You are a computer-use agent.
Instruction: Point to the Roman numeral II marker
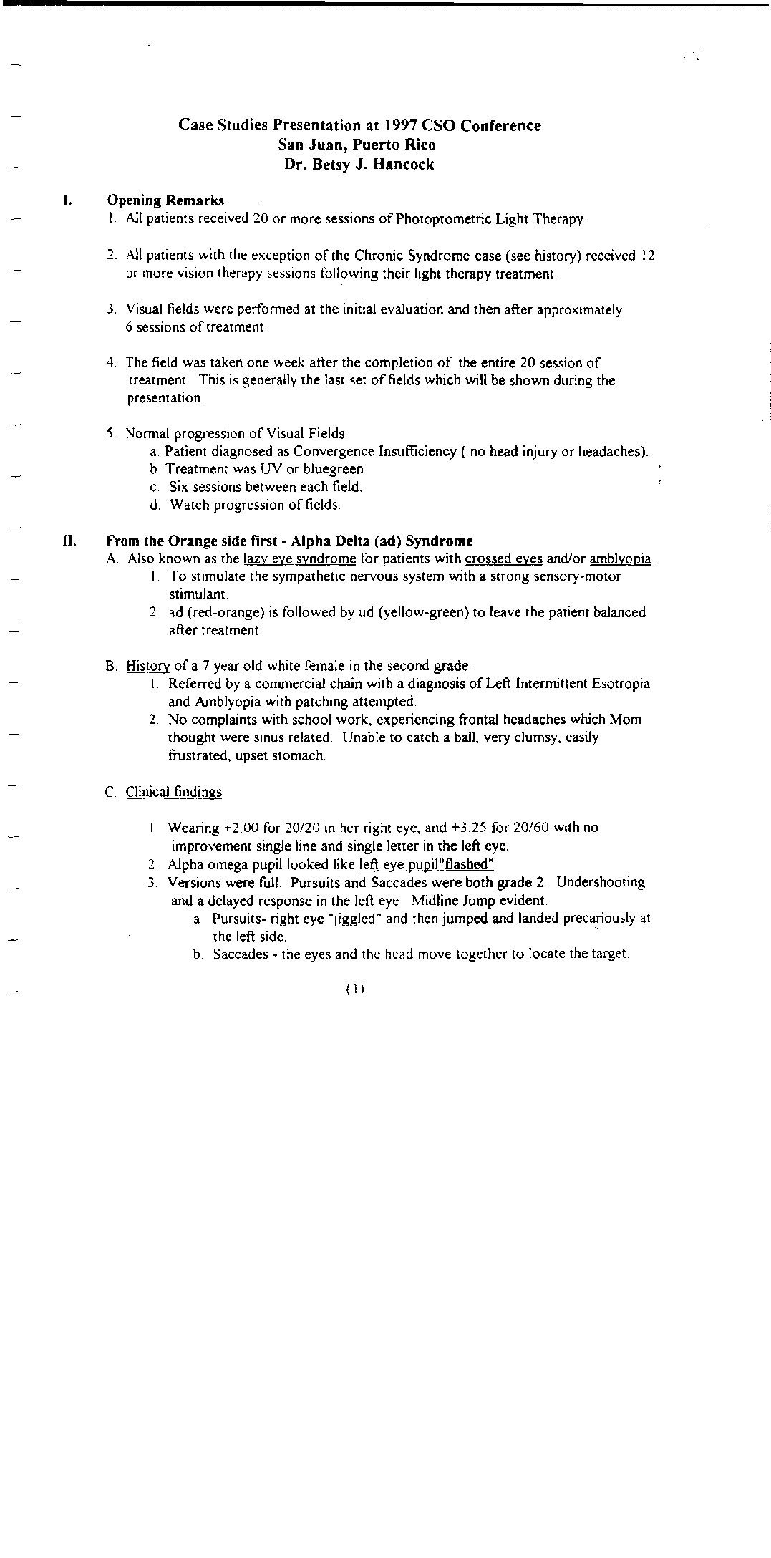(69, 541)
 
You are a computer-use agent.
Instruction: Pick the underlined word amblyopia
(620, 559)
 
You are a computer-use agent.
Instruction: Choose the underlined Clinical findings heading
(174, 792)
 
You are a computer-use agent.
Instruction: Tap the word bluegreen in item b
(334, 470)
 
